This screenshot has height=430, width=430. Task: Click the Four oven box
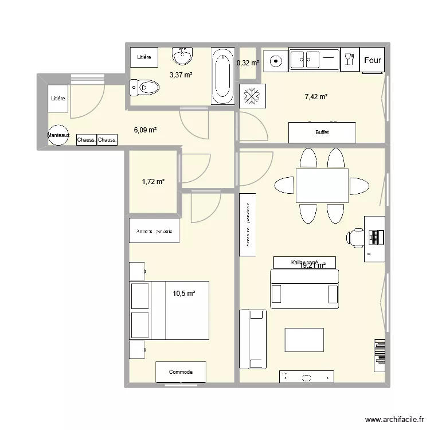click(x=372, y=60)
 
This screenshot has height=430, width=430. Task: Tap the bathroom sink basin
click(x=183, y=57)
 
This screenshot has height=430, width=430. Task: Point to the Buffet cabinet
click(x=322, y=133)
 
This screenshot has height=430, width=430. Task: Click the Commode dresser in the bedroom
click(x=181, y=372)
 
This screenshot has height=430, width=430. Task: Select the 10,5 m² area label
click(x=184, y=294)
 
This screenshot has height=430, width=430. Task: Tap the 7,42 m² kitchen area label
click(x=316, y=97)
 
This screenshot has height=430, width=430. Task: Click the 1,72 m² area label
click(x=153, y=182)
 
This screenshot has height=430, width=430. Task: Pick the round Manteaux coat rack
click(x=58, y=135)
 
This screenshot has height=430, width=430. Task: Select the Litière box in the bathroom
click(x=144, y=57)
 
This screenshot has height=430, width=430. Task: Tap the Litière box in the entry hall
click(x=58, y=99)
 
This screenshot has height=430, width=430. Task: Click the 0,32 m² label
click(x=248, y=63)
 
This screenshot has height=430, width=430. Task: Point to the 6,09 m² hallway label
click(x=145, y=130)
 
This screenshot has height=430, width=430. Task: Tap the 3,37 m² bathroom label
click(x=180, y=75)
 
